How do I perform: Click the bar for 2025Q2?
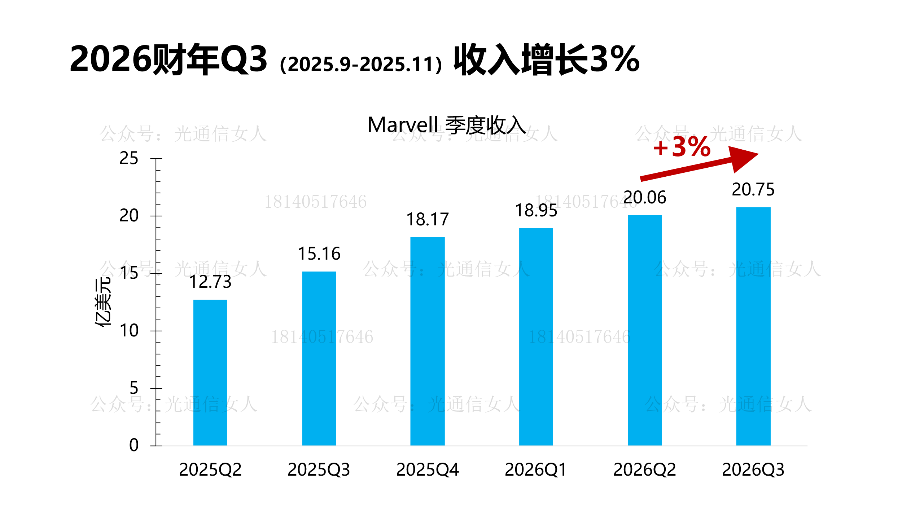point(210,372)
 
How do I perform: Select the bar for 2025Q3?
point(319,358)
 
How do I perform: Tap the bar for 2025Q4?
point(428,341)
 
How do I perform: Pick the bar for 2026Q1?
point(536,337)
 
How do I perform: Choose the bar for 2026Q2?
point(645,330)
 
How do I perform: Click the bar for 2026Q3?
point(753,326)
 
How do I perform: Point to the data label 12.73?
point(210,282)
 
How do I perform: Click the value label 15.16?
point(319,254)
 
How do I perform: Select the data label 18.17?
point(428,220)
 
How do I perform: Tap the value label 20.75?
point(753,190)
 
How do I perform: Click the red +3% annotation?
point(682,147)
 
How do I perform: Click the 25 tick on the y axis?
point(129,158)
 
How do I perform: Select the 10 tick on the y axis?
point(129,331)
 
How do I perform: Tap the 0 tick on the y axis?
point(134,445)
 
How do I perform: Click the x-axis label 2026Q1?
point(536,469)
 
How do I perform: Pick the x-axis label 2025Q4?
point(428,469)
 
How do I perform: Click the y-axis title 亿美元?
point(104,302)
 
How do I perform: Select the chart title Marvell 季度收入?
point(447,125)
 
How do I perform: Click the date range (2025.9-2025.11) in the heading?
point(361,64)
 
